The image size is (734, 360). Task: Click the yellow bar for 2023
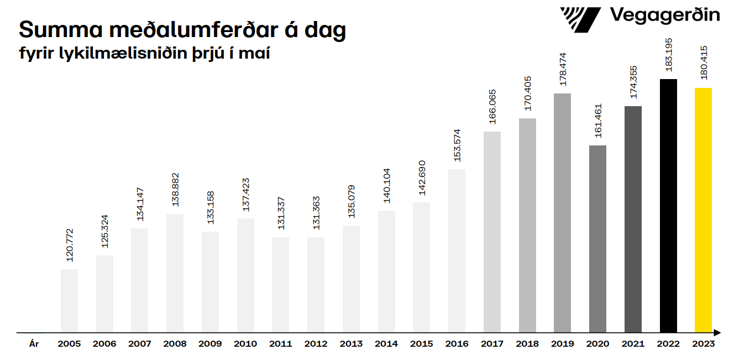(x=703, y=210)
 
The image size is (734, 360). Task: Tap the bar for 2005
(x=69, y=301)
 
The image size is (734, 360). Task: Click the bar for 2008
(x=175, y=273)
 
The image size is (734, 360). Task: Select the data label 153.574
(x=457, y=146)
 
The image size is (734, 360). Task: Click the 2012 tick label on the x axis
(x=316, y=344)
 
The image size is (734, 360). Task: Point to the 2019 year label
(x=563, y=344)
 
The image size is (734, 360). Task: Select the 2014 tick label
(x=386, y=344)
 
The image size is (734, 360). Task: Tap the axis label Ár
(x=34, y=344)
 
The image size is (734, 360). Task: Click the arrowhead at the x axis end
(x=717, y=333)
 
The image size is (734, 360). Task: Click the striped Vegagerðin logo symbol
(x=580, y=20)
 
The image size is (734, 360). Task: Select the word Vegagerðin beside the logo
(x=664, y=15)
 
